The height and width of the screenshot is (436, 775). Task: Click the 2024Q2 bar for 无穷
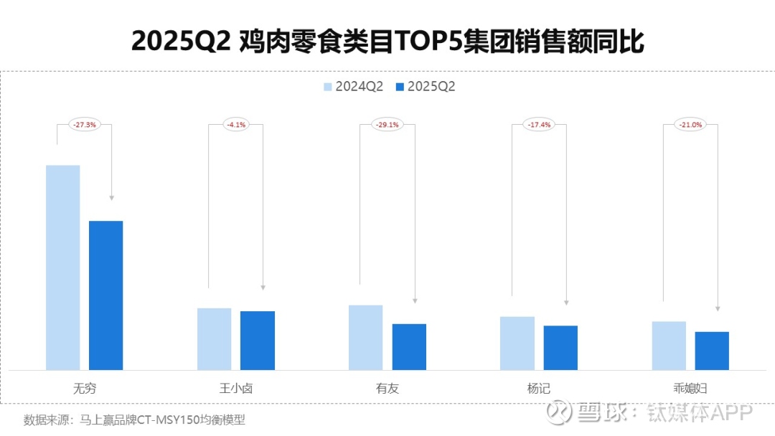(63, 267)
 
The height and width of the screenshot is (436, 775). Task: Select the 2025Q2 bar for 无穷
(106, 295)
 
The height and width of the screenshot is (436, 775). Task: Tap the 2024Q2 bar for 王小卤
(215, 339)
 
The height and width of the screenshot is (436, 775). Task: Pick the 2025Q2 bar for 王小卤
(258, 341)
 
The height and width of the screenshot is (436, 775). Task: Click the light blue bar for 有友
(366, 338)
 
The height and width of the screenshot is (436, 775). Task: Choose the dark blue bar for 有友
(409, 347)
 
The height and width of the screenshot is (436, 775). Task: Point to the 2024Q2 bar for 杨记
(517, 343)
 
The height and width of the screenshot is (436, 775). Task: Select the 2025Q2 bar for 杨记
(560, 348)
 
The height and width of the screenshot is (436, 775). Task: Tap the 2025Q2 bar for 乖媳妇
(712, 351)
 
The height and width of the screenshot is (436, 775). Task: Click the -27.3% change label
(84, 124)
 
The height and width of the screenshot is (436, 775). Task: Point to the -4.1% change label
(235, 124)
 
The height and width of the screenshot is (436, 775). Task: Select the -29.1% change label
(387, 124)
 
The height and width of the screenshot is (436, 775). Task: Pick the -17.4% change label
(538, 124)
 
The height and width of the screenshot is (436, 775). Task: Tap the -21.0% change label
(690, 124)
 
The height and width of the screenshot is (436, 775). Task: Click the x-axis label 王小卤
(235, 389)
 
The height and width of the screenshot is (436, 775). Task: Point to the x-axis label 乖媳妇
(690, 389)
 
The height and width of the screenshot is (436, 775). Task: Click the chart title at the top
(387, 42)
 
